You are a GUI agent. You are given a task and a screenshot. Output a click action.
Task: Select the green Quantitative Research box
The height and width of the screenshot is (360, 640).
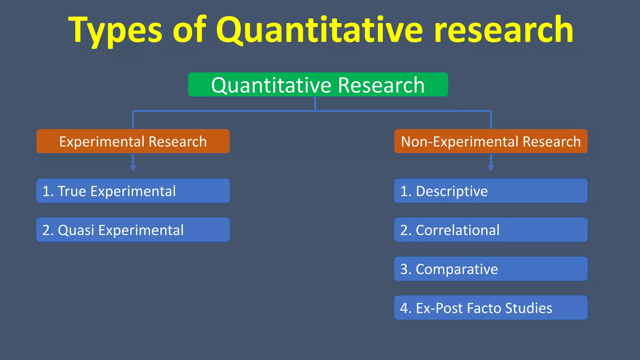(x=318, y=85)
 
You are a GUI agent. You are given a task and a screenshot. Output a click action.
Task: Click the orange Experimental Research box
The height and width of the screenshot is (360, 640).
(x=133, y=141)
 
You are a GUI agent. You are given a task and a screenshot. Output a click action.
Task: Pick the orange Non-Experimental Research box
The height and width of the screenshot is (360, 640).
(x=491, y=141)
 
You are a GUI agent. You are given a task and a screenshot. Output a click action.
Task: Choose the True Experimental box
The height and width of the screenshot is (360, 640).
(x=133, y=191)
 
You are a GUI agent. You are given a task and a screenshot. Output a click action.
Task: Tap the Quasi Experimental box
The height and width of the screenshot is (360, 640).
(x=133, y=230)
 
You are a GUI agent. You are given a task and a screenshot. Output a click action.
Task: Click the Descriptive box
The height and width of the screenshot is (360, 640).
(x=491, y=191)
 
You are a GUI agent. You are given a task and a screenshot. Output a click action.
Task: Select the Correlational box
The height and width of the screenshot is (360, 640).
(x=491, y=230)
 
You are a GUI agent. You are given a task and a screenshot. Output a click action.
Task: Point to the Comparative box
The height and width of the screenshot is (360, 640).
(x=491, y=269)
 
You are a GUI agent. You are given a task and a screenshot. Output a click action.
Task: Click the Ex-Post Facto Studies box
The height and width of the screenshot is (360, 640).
(x=491, y=308)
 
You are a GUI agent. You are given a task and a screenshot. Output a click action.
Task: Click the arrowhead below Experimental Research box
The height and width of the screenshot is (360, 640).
(x=133, y=168)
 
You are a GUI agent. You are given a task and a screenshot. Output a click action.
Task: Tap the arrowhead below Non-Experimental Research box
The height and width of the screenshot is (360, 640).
(x=491, y=168)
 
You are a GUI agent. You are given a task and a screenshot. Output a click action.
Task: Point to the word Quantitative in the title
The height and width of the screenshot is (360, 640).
(x=319, y=30)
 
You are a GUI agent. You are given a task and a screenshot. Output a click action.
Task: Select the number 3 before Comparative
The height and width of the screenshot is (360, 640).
(x=404, y=269)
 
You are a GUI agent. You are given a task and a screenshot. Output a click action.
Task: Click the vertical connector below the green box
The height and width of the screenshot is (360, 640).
(x=315, y=104)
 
